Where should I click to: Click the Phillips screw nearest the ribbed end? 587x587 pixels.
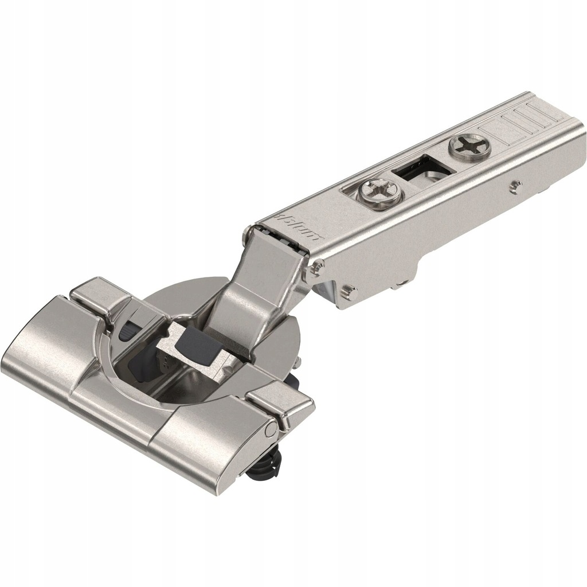(x=470, y=146)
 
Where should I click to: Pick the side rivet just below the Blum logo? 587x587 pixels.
(x=316, y=267)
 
